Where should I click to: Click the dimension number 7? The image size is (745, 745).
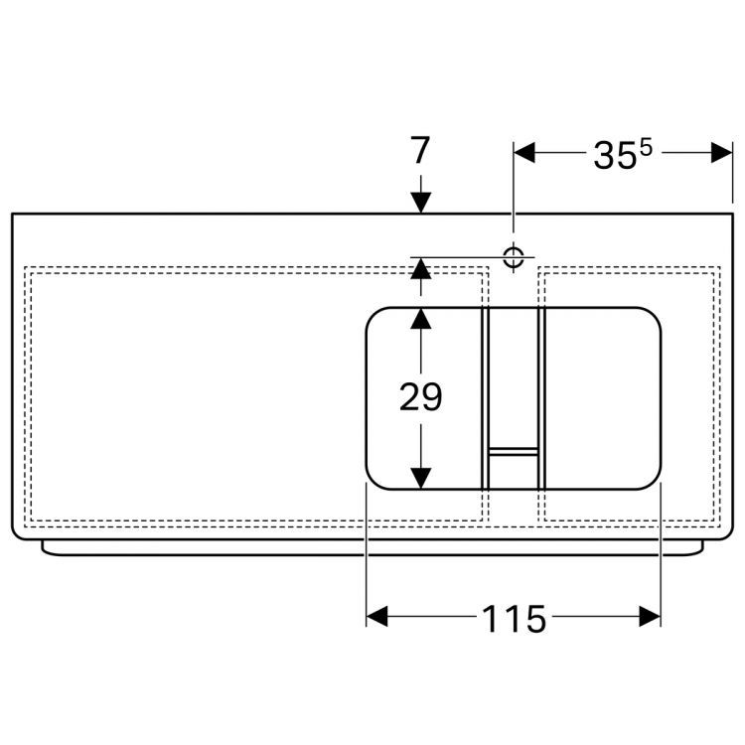(x=420, y=150)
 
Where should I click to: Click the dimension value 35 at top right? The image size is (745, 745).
(x=615, y=156)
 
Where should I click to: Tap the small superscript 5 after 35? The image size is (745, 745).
(x=646, y=149)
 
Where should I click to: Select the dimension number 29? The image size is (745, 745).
(x=420, y=396)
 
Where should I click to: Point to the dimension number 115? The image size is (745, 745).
(x=515, y=619)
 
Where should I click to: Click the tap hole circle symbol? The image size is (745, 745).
(x=514, y=257)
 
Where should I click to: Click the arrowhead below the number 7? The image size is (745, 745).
(x=421, y=203)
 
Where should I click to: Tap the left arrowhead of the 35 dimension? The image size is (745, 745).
(x=524, y=153)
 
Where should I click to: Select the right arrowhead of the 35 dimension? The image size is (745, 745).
(x=721, y=153)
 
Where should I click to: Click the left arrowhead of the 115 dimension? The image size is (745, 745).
(x=377, y=616)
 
